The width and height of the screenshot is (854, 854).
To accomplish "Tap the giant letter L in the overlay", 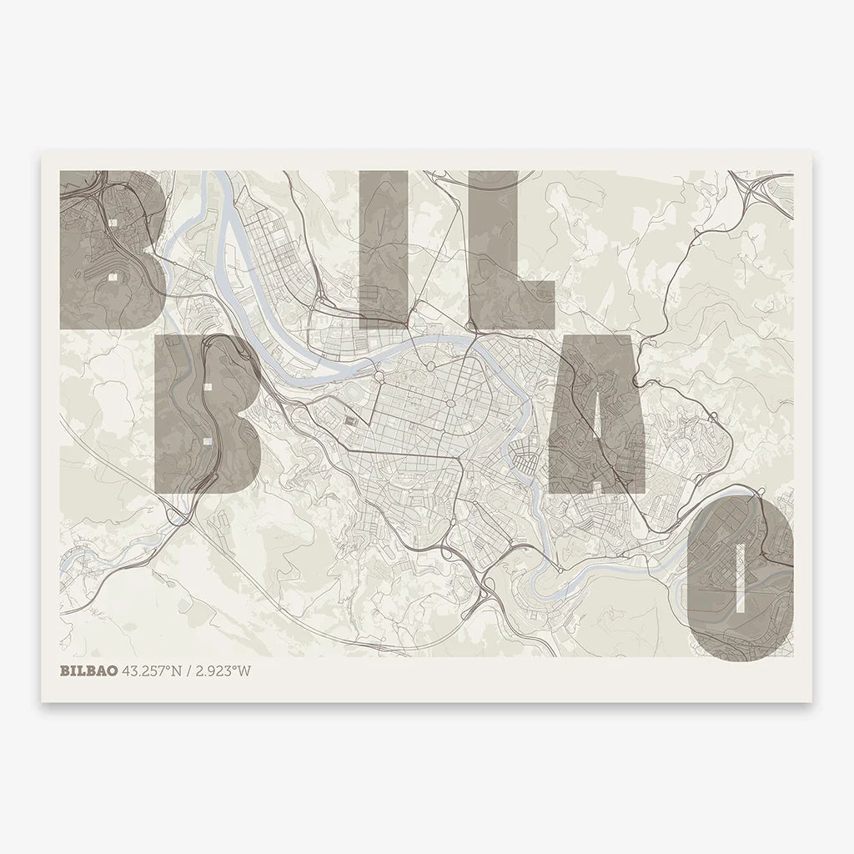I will click(x=500, y=250).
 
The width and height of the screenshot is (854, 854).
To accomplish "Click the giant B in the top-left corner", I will click(x=108, y=250).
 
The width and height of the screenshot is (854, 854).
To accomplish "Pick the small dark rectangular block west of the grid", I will click(x=350, y=421).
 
